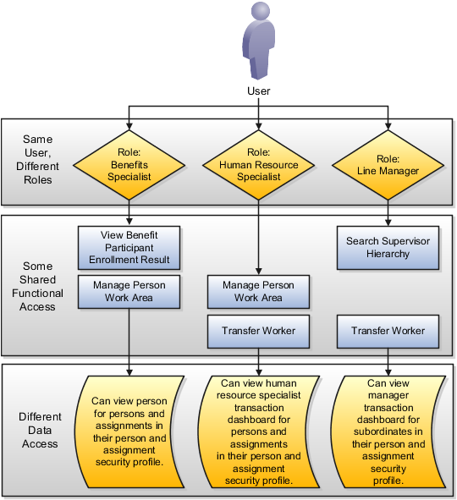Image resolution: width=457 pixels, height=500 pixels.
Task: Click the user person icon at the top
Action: pyautogui.click(x=258, y=41)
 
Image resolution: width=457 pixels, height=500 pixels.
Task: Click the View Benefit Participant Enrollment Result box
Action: pyautogui.click(x=129, y=246)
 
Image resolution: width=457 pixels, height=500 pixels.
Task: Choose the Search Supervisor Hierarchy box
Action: pyautogui.click(x=388, y=246)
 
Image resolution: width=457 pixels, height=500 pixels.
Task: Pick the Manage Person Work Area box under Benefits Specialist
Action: pyautogui.click(x=129, y=291)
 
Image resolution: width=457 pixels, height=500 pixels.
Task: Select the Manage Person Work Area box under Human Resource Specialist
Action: pyautogui.click(x=258, y=291)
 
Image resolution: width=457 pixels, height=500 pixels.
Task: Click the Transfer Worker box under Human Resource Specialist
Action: pyautogui.click(x=258, y=331)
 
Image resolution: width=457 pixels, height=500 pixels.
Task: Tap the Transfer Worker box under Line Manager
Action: pyautogui.click(x=388, y=331)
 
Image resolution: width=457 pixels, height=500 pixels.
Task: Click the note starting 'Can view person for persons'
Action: pyautogui.click(x=129, y=431)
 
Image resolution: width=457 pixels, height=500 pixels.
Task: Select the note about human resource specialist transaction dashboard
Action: pyautogui.click(x=258, y=431)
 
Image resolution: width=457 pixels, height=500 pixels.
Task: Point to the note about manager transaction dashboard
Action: pyautogui.click(x=388, y=431)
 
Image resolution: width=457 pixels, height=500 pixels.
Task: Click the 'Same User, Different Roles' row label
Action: pyautogui.click(x=37, y=159)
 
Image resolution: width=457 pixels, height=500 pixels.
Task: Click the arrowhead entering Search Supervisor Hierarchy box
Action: pyautogui.click(x=388, y=223)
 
